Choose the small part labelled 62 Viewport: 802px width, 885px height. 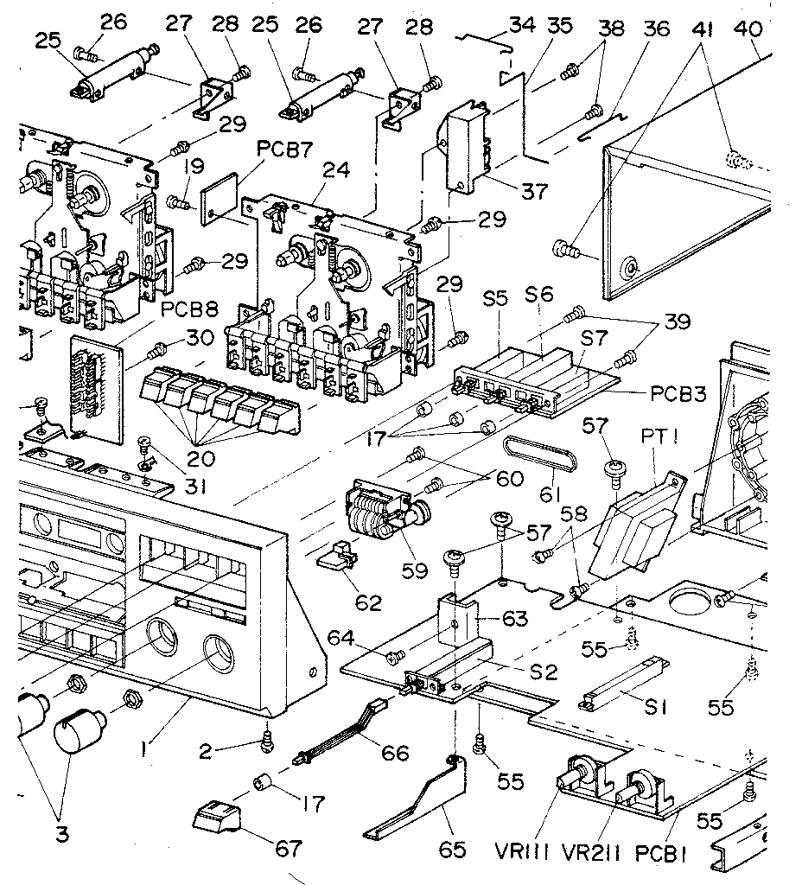pos(339,561)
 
